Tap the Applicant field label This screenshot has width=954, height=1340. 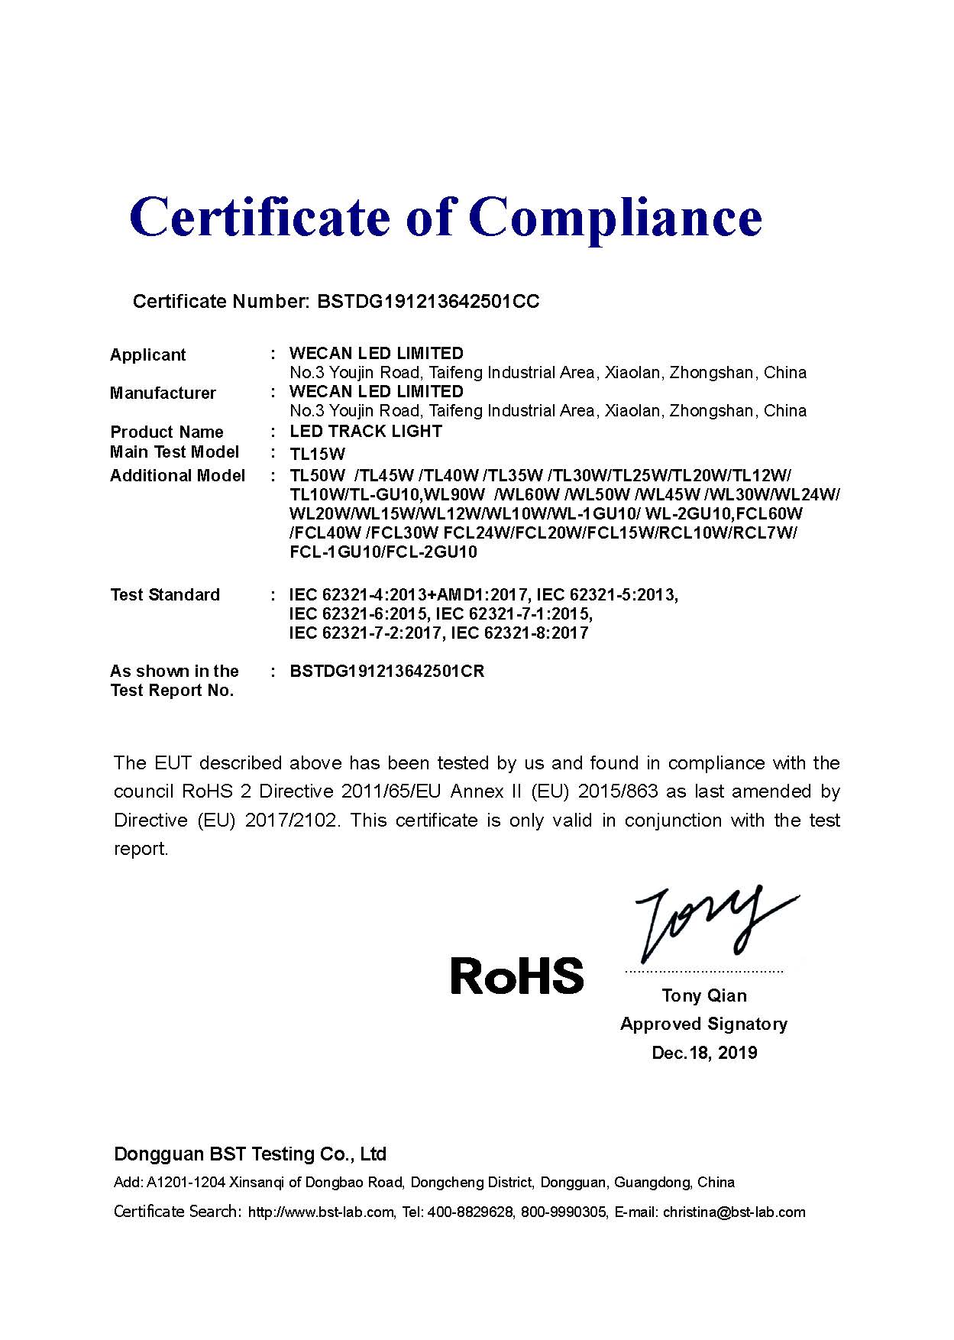point(147,354)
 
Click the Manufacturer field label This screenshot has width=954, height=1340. point(163,393)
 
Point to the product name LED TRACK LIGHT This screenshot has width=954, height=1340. point(366,431)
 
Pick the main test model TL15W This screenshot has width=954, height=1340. point(318,453)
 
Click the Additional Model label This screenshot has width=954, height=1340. point(177,475)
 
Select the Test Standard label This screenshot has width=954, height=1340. point(164,594)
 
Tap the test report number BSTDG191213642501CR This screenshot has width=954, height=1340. point(387,672)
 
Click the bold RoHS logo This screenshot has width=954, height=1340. point(517,976)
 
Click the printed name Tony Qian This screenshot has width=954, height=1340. point(704,995)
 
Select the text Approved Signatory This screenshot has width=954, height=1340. point(703,1024)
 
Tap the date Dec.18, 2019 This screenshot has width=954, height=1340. point(704,1053)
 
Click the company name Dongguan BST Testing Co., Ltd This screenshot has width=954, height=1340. point(250,1154)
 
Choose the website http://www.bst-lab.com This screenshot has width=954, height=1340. point(321,1212)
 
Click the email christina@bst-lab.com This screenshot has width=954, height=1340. point(734,1212)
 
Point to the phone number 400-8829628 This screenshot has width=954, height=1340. point(470,1212)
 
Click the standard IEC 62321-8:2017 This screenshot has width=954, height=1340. point(519,633)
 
